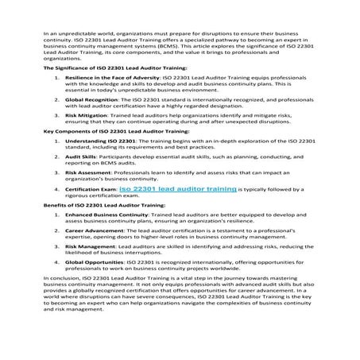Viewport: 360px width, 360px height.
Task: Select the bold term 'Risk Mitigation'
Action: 83,116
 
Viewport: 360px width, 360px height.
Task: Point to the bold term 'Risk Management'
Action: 87,247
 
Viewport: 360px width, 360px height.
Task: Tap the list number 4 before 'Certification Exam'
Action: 56,190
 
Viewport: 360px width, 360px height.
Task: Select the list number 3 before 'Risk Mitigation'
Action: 56,116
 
